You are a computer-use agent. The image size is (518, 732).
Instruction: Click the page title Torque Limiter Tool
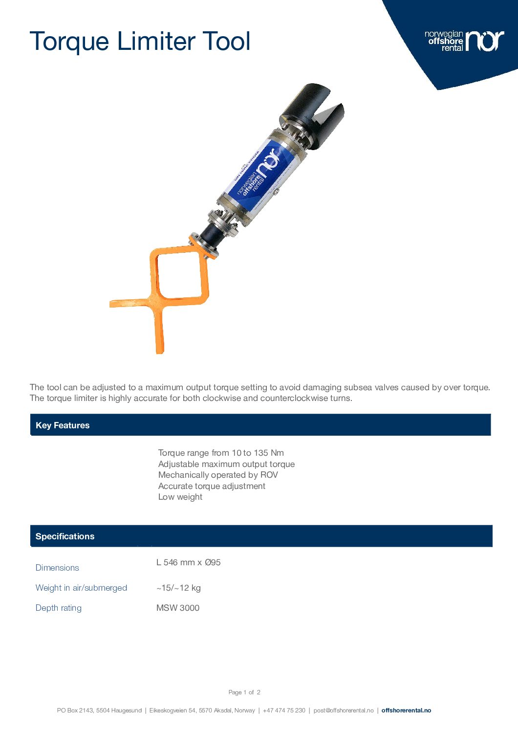click(x=140, y=41)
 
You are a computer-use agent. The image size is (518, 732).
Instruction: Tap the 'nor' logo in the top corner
click(x=484, y=41)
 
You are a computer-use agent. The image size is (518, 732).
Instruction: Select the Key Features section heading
click(x=63, y=425)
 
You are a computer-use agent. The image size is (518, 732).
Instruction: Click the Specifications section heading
click(x=65, y=536)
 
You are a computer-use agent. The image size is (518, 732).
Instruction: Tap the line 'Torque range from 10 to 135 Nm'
click(x=221, y=453)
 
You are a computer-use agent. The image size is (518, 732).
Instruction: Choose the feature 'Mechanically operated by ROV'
click(x=218, y=475)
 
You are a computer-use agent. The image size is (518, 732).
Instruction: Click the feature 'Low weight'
click(x=180, y=497)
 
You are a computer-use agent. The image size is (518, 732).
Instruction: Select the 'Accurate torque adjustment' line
click(x=212, y=486)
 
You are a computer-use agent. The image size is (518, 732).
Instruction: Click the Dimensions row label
click(x=57, y=568)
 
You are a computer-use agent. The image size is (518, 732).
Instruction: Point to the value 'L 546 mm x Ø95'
click(x=189, y=562)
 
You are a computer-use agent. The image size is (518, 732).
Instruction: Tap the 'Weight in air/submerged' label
click(x=81, y=588)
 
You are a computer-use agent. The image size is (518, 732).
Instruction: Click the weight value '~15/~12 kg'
click(x=178, y=588)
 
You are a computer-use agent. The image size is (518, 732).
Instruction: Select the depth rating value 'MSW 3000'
click(x=178, y=608)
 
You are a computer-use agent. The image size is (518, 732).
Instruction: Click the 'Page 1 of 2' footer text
click(x=244, y=692)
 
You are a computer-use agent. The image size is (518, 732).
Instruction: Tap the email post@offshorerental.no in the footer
click(x=344, y=710)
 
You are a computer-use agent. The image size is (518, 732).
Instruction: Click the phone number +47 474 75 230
click(x=284, y=710)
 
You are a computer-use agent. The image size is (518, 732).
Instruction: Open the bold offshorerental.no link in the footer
click(x=406, y=710)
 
